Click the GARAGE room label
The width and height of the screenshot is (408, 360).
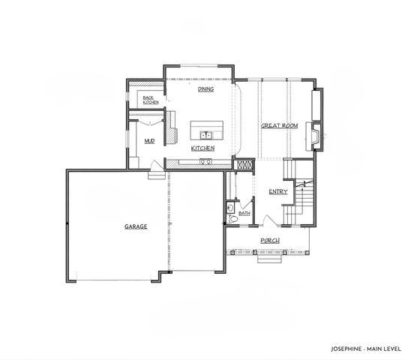(x=136, y=226)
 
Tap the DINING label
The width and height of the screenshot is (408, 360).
(x=205, y=89)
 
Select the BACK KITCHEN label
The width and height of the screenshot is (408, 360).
(x=150, y=100)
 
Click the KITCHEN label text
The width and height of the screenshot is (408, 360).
(x=203, y=148)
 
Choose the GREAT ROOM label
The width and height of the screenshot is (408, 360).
(x=280, y=125)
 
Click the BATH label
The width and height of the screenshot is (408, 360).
(x=244, y=213)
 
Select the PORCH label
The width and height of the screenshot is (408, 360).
(x=270, y=240)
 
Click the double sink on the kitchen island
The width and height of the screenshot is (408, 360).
(x=205, y=136)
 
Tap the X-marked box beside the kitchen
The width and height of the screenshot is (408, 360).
(x=244, y=165)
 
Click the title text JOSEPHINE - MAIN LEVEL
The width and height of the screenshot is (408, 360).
(x=364, y=349)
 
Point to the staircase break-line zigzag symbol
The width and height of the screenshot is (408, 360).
(x=303, y=183)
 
